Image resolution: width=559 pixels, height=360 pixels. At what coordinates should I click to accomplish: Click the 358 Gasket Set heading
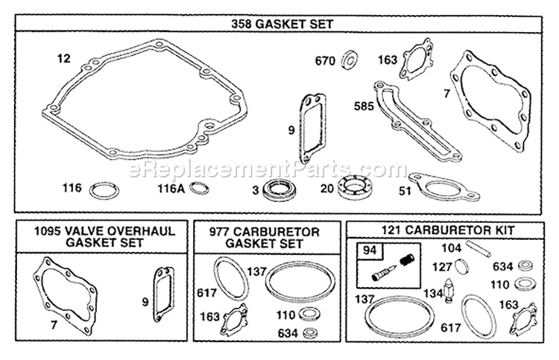pyautogui.click(x=282, y=24)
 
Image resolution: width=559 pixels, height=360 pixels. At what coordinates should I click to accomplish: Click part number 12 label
pyautogui.click(x=64, y=58)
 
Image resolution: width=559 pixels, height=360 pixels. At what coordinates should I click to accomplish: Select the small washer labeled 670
pyautogui.click(x=350, y=60)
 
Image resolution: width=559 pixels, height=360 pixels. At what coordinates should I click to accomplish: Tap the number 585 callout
pyautogui.click(x=364, y=106)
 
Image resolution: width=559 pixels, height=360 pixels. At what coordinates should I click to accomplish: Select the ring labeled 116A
pyautogui.click(x=200, y=188)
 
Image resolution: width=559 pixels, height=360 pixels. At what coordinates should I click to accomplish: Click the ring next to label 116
pyautogui.click(x=104, y=191)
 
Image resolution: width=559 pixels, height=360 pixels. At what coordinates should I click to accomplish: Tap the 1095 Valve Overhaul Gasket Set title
pyautogui.click(x=104, y=237)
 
